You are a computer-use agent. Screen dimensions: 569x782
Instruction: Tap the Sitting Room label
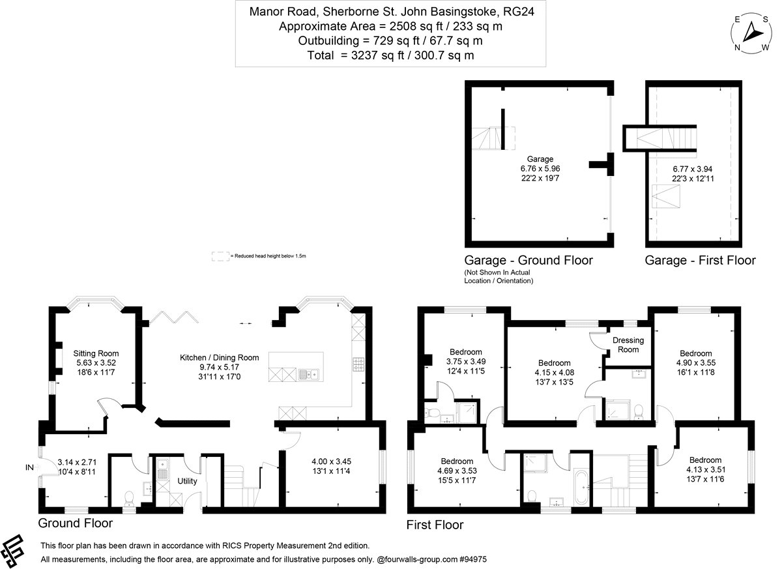click(96, 353)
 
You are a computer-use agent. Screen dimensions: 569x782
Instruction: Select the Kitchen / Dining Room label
click(219, 357)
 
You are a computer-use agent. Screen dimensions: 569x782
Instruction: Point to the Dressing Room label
click(628, 345)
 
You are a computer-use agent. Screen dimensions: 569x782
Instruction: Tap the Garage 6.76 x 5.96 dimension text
click(540, 168)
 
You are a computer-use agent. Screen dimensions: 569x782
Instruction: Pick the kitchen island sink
click(308, 374)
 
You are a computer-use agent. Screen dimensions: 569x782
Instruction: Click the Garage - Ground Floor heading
click(528, 261)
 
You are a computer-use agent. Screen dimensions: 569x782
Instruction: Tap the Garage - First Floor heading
click(700, 261)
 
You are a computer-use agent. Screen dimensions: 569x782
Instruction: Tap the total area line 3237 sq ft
click(390, 55)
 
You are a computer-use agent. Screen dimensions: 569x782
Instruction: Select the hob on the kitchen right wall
click(358, 364)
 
